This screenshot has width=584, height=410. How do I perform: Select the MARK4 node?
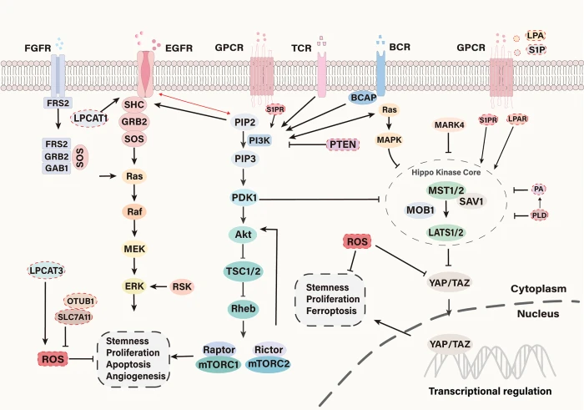click(449, 125)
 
